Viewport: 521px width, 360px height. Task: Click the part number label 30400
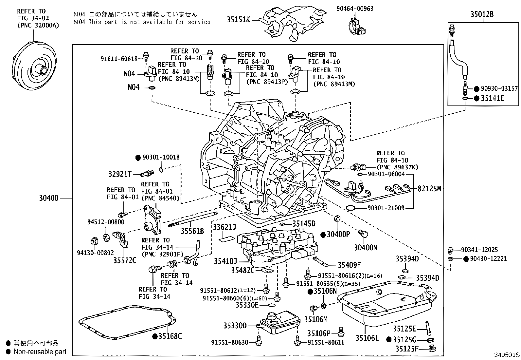coord(48,199)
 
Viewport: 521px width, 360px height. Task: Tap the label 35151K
coord(238,20)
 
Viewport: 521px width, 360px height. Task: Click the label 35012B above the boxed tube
coord(482,14)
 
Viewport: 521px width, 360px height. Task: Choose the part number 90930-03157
coord(499,89)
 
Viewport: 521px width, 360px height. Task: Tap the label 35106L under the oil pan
coord(367,338)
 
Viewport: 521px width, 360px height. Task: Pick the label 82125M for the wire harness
coord(429,188)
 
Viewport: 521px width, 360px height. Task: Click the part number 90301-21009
coord(386,208)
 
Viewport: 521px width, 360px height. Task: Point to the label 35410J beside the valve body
coord(225,261)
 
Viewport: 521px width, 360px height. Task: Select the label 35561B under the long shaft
coord(192,231)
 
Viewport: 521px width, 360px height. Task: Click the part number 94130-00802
coord(95,253)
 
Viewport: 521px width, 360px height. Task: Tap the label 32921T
coord(120,174)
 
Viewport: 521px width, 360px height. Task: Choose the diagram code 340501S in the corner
coord(507,355)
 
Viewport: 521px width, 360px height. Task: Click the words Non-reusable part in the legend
coord(40,352)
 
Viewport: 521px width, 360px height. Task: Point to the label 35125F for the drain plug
coord(406,349)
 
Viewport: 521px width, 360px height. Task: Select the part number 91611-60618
coord(119,59)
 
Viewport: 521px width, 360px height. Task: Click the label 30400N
coord(366,248)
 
